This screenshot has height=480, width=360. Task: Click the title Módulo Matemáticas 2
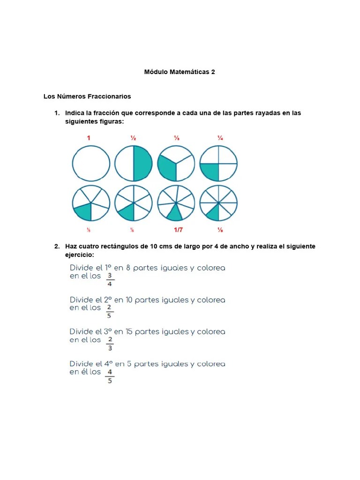coord(180,72)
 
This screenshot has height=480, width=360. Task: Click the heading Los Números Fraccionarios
coord(87,97)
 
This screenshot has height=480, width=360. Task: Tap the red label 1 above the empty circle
coord(88,138)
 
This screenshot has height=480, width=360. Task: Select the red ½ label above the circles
coord(133,138)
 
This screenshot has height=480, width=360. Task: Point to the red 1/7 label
coord(179,230)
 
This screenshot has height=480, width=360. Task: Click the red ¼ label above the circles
coord(220,138)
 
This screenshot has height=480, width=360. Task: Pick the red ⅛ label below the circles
coord(220,230)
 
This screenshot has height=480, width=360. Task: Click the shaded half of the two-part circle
coord(142,163)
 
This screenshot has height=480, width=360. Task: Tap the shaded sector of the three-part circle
coord(166,167)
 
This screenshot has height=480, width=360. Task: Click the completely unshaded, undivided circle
coord(91,163)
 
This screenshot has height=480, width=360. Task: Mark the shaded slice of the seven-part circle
coord(175,213)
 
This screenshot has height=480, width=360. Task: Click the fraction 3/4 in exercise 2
coord(110,279)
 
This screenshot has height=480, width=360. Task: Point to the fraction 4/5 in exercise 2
coord(110,376)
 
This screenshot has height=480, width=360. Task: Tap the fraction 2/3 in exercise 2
coord(110,344)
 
